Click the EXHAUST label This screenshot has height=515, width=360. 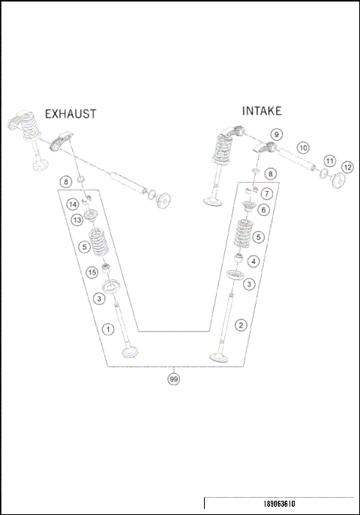tap(70, 114)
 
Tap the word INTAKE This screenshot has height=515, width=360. tap(262, 111)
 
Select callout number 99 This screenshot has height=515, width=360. tap(174, 379)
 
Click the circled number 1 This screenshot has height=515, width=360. tap(108, 329)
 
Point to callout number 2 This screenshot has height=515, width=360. tap(241, 325)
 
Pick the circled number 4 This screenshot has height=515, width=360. tap(253, 262)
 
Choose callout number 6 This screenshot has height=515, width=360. tap(263, 210)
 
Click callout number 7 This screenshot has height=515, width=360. tap(267, 194)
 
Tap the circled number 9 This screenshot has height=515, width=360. tap(277, 134)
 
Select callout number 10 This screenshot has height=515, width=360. tap(303, 148)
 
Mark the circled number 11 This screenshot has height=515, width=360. tap(328, 161)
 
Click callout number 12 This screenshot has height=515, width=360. tap(347, 167)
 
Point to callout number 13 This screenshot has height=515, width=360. tap(77, 220)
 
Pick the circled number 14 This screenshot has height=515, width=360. tap(73, 205)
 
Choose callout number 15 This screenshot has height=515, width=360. tap(92, 272)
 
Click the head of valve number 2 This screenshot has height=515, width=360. tap(220, 356)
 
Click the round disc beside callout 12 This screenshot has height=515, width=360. tap(336, 181)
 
